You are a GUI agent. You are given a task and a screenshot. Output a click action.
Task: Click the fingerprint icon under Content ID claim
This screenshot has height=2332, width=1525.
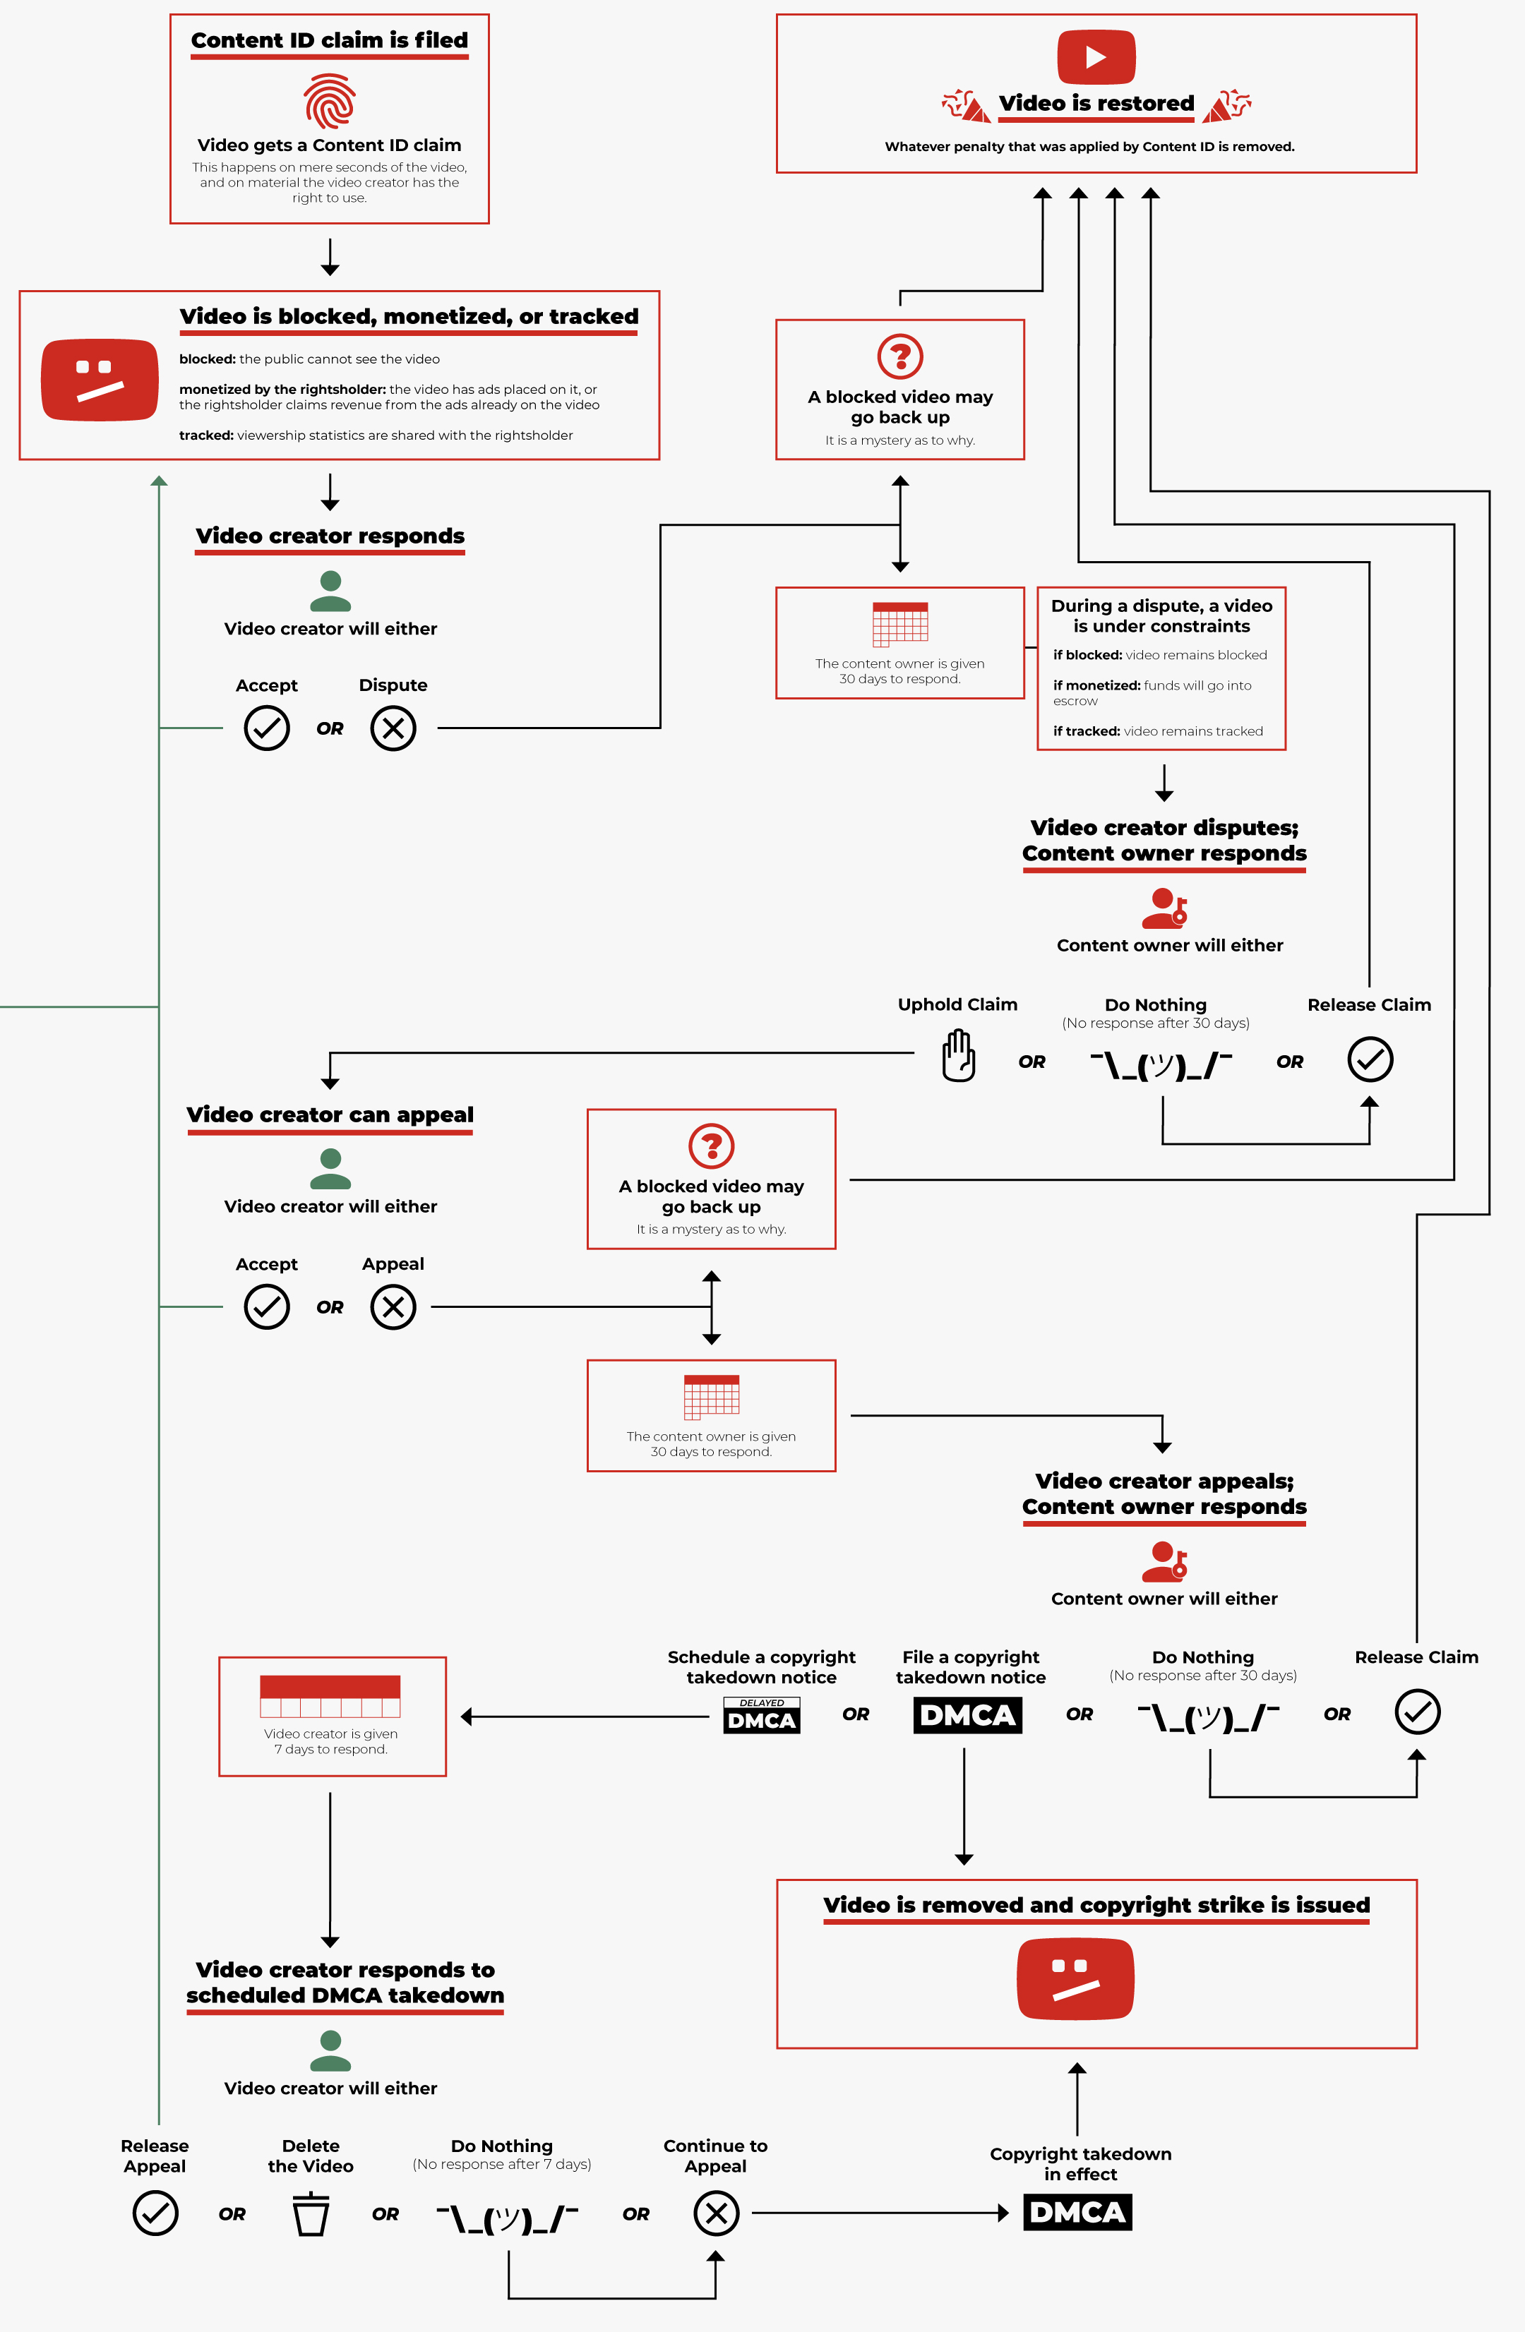(329, 101)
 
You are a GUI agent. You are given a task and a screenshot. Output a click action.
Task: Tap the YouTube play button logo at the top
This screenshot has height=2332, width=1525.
(1096, 57)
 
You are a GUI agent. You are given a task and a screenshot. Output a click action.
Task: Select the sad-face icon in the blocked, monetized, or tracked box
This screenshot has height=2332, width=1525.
(99, 380)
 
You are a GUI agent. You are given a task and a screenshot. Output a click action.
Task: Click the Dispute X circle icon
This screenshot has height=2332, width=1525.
(393, 728)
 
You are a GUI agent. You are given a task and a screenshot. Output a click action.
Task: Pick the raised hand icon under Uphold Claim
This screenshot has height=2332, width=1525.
(957, 1057)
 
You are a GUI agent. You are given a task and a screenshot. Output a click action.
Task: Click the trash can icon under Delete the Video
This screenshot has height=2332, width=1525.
(311, 2213)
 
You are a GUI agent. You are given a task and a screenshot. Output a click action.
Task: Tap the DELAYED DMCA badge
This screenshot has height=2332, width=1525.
(762, 1716)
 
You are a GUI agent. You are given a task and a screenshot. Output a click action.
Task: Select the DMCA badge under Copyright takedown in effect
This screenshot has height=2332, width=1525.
(1077, 2213)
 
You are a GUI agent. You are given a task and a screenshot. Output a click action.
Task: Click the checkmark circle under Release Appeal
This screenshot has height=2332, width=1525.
(155, 2213)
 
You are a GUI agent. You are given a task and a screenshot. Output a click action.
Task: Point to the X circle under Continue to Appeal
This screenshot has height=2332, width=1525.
(715, 2213)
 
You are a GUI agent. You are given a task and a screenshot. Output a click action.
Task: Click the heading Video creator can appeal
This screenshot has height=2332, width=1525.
(329, 1115)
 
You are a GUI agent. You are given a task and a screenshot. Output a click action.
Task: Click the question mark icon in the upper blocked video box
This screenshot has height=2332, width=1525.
(899, 356)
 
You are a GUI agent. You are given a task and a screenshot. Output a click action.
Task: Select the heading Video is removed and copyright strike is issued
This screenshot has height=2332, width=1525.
(1096, 1905)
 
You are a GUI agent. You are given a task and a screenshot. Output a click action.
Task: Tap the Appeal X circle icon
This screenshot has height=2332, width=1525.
(393, 1307)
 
